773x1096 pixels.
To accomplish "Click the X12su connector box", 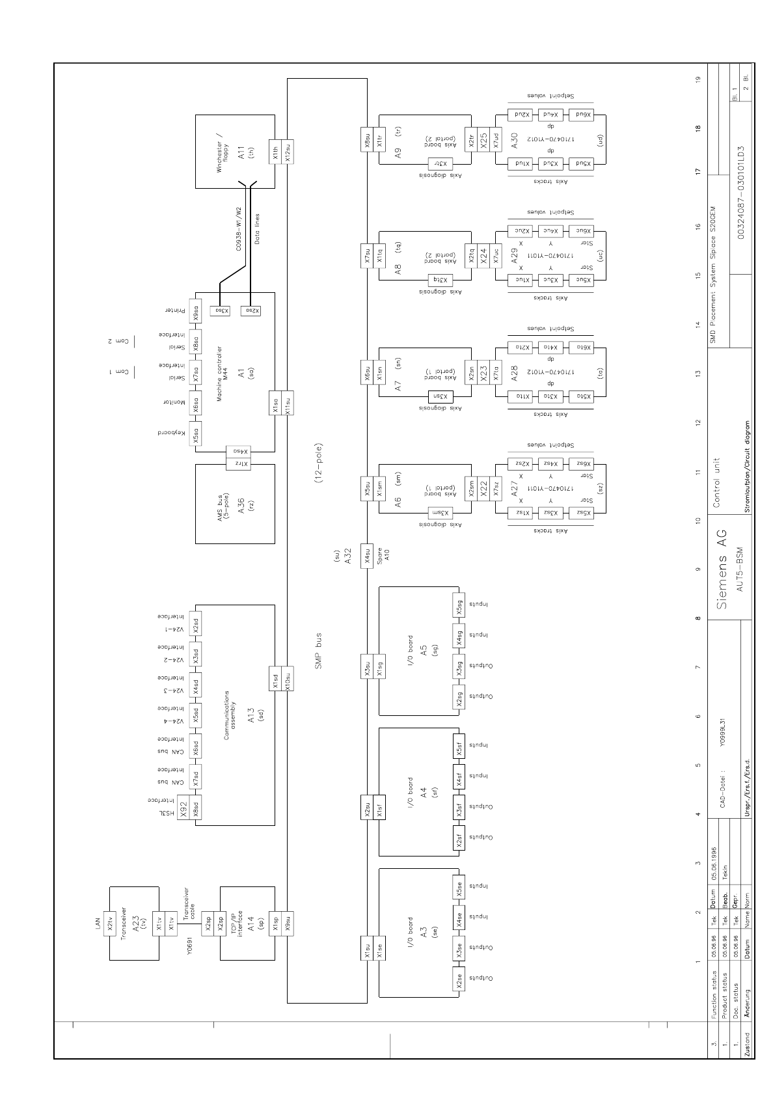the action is tap(288, 151).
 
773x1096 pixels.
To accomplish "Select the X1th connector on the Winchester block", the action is tap(276, 151).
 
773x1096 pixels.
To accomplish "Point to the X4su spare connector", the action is tap(367, 555).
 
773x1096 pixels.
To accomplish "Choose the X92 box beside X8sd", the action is tap(183, 809).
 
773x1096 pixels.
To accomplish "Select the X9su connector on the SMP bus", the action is tap(288, 924).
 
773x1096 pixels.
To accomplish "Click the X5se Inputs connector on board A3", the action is tap(459, 888).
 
